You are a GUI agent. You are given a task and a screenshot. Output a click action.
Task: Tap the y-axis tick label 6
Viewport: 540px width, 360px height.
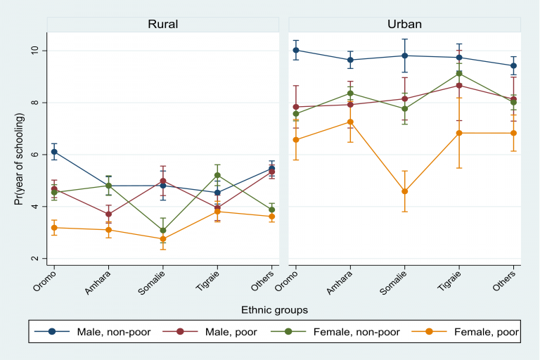(x=35, y=155)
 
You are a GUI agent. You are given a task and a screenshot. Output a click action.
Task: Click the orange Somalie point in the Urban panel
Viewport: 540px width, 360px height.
(x=404, y=191)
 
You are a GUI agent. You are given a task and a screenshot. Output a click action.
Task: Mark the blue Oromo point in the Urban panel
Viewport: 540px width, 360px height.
(x=296, y=50)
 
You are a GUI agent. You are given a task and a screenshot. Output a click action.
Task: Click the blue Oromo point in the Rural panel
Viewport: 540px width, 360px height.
(x=54, y=151)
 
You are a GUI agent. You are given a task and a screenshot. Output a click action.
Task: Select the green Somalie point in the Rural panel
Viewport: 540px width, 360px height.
(x=162, y=230)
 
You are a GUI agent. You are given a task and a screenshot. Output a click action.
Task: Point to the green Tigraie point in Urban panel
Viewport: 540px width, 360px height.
(x=458, y=73)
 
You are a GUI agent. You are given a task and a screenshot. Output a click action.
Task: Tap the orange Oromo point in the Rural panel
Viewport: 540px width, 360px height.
(x=54, y=227)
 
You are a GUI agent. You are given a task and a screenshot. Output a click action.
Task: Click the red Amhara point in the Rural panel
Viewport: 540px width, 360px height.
(x=108, y=214)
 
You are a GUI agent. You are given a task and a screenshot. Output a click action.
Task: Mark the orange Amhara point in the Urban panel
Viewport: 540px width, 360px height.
(x=350, y=122)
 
